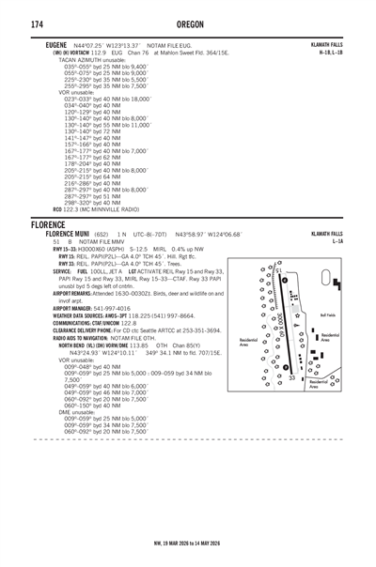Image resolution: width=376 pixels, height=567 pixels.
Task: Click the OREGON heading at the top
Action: coord(188,24)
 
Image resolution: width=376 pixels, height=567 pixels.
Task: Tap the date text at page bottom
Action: coord(188,542)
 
